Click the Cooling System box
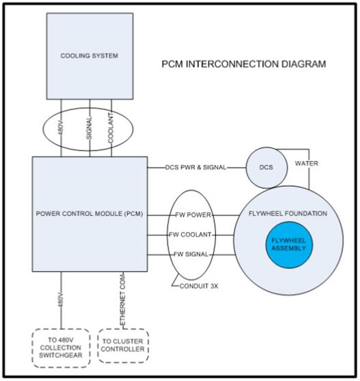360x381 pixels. (89, 56)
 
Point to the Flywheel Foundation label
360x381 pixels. (287, 213)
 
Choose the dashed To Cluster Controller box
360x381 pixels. (123, 346)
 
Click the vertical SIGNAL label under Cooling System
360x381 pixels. (90, 127)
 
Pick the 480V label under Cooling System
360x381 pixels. (62, 127)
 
